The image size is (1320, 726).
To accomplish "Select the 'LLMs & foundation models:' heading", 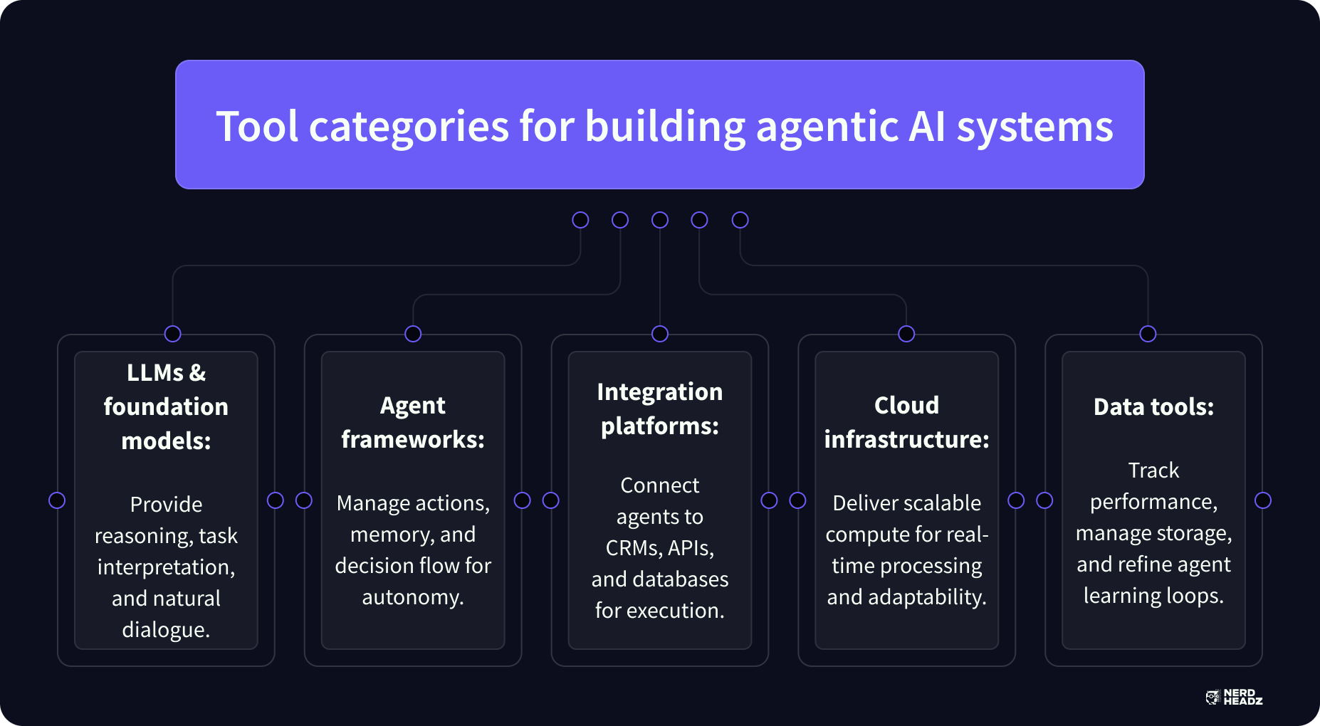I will tap(166, 406).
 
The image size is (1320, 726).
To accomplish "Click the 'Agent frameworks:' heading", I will tap(413, 422).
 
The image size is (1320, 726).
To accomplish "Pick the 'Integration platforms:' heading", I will tap(660, 409).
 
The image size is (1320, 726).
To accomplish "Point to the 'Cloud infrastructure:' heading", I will tap(906, 422).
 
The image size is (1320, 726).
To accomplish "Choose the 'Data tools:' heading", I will tap(1153, 406).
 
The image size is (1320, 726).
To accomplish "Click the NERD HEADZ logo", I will tap(1235, 698).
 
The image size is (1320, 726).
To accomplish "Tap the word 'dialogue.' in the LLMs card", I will tap(166, 630).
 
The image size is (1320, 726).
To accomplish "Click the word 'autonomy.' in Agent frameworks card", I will tap(413, 596).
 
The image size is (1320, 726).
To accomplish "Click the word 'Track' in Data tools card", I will tap(1153, 470).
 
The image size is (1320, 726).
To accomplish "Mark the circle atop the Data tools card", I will tap(1148, 334).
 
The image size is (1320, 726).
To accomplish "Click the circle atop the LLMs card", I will tap(172, 334).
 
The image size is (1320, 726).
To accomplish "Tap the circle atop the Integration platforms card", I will tap(660, 334).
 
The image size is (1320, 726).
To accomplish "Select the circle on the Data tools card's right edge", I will tap(1263, 500).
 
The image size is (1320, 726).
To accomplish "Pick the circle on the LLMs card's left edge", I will tap(57, 500).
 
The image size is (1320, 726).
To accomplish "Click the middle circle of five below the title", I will tap(660, 220).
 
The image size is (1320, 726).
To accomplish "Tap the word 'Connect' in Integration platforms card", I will tap(660, 485).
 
